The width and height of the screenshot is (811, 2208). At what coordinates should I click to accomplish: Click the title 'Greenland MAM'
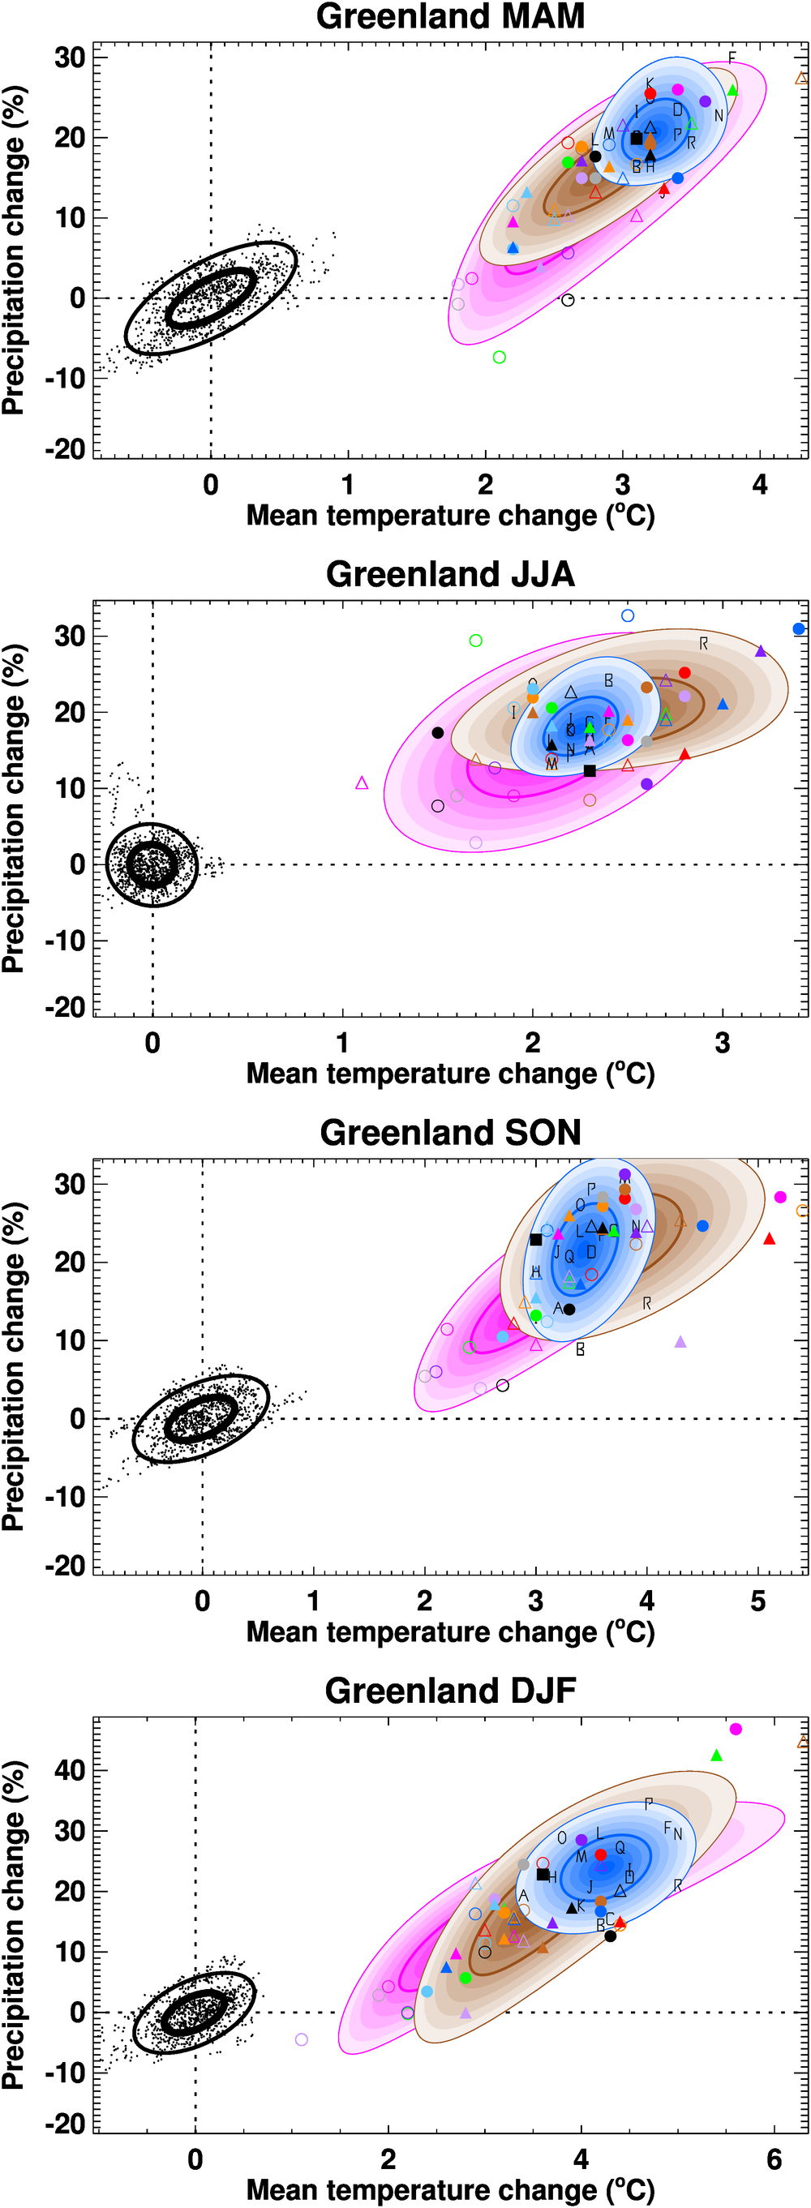coord(450,16)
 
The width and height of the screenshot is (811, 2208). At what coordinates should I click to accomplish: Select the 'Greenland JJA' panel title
coord(450,574)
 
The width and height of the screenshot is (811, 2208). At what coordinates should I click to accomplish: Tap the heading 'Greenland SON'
coord(450,1132)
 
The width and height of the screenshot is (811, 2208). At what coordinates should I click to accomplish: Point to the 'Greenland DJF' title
coord(450,1691)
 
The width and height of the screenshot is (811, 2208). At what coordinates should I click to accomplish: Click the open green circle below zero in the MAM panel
coord(499,357)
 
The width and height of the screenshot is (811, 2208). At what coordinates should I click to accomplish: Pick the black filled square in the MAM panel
coord(636,138)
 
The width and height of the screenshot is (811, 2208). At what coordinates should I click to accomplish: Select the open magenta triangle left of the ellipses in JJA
coord(362,782)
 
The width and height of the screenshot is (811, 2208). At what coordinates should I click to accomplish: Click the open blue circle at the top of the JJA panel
coord(628,615)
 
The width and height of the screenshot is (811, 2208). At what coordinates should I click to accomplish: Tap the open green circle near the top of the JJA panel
coord(476,641)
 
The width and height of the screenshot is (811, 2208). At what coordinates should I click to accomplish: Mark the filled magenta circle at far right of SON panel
coord(780,1197)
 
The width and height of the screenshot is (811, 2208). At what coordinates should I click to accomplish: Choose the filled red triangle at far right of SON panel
coord(769,1238)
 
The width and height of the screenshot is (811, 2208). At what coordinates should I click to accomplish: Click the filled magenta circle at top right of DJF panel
coord(736,1729)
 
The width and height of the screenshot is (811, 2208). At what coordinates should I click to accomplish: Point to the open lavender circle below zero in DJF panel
coord(301,2039)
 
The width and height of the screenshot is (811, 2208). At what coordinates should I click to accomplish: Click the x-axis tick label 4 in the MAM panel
coord(760,485)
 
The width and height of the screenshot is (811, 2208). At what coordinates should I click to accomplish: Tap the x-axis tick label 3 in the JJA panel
coord(723,1043)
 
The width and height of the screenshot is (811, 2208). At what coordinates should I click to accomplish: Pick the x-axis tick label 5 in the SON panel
coord(757,1601)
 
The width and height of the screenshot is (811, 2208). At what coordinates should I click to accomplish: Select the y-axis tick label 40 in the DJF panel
coord(69,1770)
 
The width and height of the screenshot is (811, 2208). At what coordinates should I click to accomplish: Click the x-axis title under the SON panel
coord(450,1632)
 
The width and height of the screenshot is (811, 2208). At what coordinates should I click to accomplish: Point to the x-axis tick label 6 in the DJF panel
coord(775,2159)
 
